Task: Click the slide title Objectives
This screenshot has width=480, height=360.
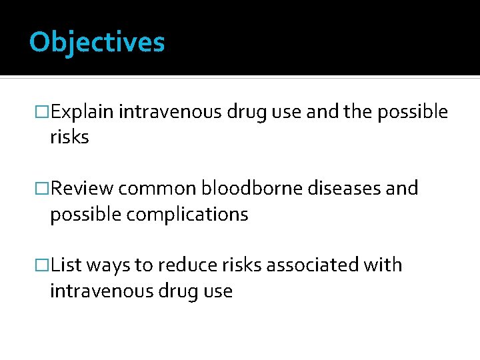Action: point(97,42)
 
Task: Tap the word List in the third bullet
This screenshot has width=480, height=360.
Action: point(65,265)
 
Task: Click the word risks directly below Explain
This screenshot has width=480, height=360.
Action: point(69,138)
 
